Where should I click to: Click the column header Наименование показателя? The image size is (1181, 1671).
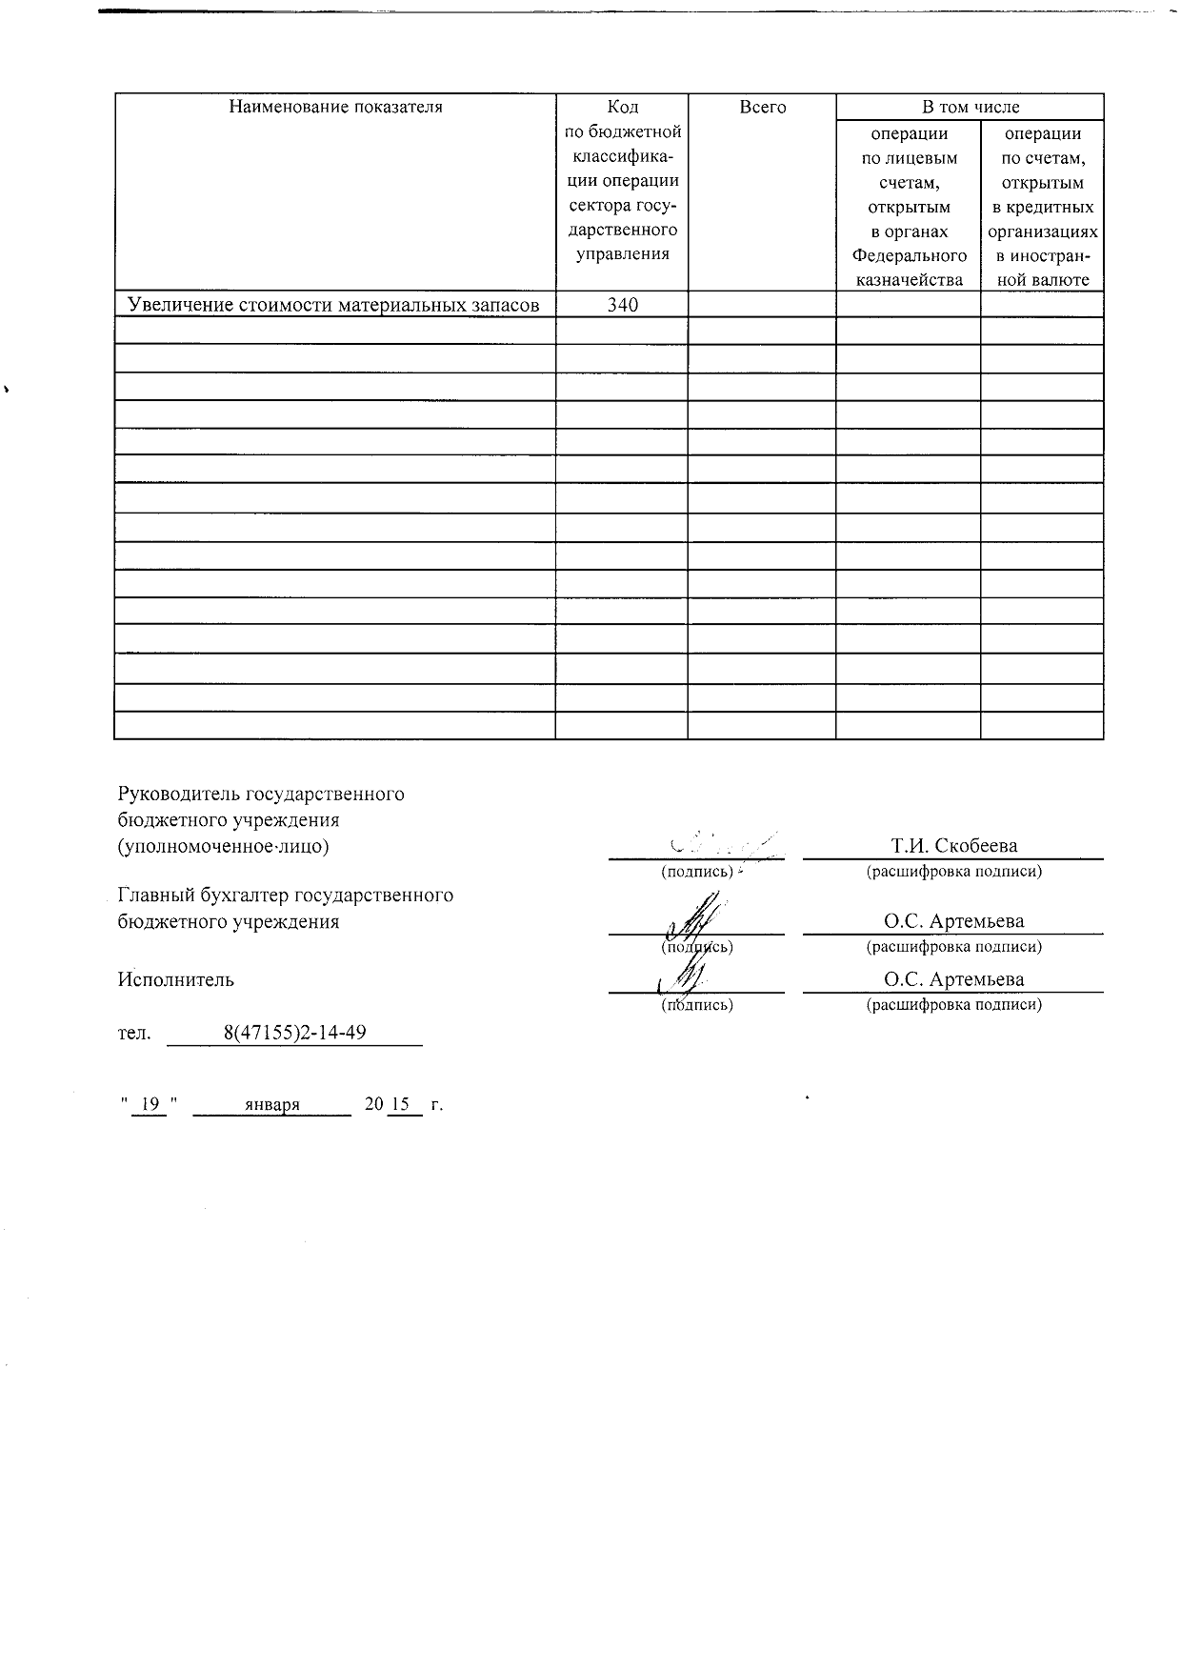tap(335, 107)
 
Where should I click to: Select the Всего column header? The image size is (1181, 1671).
tap(762, 107)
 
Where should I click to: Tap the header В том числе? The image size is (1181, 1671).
tap(970, 107)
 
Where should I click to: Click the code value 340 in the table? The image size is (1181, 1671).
tap(622, 305)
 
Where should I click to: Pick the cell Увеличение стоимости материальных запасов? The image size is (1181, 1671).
tap(334, 305)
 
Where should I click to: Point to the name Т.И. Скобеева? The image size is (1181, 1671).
tap(953, 845)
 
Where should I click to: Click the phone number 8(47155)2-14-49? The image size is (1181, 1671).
tap(295, 1033)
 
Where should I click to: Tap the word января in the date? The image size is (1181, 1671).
tap(272, 1104)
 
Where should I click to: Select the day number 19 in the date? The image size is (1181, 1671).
tap(150, 1104)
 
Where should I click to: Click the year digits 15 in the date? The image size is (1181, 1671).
tap(400, 1104)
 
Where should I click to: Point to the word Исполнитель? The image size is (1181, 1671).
tap(175, 979)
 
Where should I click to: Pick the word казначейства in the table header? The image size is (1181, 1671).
tap(909, 279)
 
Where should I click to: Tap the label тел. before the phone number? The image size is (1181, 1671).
tap(133, 1033)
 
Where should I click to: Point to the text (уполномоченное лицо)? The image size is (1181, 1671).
tap(223, 846)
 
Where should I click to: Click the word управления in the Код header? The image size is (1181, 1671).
tap(622, 253)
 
